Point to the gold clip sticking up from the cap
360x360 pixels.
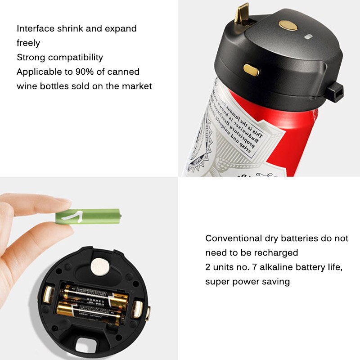(243, 13)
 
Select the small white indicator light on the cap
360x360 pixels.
(309, 37)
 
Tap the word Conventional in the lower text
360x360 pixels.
(233, 238)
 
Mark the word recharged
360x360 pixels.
(277, 252)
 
